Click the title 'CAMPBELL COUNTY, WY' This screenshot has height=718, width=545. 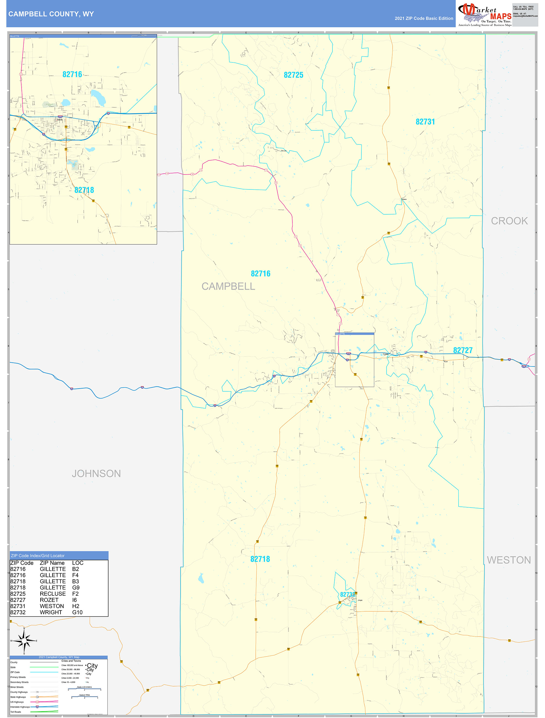click(51, 14)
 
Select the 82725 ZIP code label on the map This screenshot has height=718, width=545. click(293, 75)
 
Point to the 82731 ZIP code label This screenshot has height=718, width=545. click(425, 122)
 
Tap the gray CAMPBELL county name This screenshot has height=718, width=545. click(228, 286)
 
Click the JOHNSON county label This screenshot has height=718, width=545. click(96, 474)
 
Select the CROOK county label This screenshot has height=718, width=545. click(509, 221)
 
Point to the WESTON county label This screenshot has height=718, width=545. click(509, 560)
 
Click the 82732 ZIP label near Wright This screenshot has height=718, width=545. click(347, 594)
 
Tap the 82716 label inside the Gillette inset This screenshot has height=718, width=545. click(72, 74)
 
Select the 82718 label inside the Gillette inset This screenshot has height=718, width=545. click(84, 190)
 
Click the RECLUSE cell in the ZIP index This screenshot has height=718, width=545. click(52, 594)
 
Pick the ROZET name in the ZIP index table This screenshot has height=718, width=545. click(49, 600)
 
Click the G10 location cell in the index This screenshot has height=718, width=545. click(77, 612)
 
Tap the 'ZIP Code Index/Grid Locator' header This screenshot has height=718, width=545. click(38, 556)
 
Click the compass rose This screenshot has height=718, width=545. click(24, 641)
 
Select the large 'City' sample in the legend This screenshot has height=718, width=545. click(92, 666)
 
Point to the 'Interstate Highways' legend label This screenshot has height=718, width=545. click(20, 707)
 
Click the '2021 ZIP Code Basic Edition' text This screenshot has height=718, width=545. click(424, 19)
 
